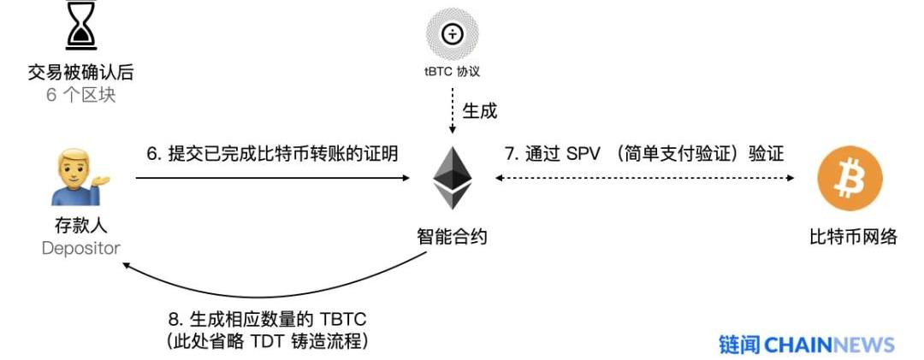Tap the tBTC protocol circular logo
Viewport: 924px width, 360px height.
coord(452,33)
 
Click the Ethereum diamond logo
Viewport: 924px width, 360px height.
coord(452,177)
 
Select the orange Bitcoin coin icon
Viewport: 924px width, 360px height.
coord(850,179)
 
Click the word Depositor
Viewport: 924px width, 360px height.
coord(81,248)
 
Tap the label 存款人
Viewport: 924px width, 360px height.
coord(81,227)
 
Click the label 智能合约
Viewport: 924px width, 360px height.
coord(452,236)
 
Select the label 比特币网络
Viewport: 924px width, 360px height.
coord(853,236)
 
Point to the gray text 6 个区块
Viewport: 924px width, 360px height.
coord(81,94)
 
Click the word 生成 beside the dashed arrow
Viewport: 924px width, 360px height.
coord(479,110)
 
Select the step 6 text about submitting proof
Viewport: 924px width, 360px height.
coord(272,154)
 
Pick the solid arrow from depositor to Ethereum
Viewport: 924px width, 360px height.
coord(272,178)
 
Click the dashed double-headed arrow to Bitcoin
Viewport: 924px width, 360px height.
coord(646,178)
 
